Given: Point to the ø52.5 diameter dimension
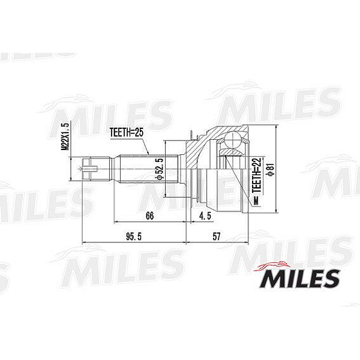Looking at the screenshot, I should tap(159, 169).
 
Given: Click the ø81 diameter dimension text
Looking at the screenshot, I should tap(271, 170).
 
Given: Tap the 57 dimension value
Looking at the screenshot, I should tap(217, 236).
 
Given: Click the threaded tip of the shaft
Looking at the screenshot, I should tap(90, 169).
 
